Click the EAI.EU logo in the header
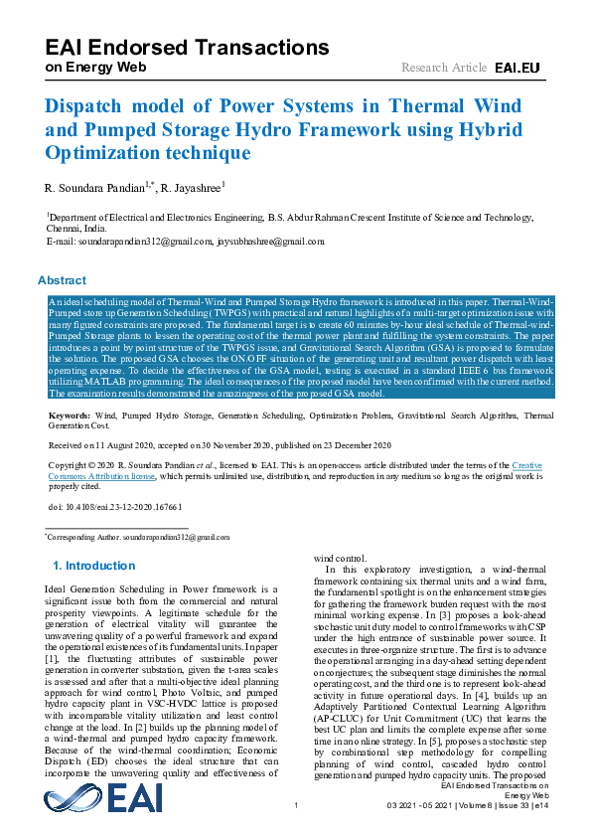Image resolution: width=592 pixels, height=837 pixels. tap(517, 68)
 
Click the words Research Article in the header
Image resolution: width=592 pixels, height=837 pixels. tap(443, 68)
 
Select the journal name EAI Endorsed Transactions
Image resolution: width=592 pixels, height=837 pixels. tap(188, 47)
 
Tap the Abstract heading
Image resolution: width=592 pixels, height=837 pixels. tap(63, 280)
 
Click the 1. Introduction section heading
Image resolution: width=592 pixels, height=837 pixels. tap(93, 566)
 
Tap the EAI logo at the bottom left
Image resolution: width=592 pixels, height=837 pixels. tap(103, 799)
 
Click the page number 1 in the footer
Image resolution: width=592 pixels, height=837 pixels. tap(296, 819)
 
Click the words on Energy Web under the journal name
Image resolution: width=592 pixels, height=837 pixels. tap(95, 67)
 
